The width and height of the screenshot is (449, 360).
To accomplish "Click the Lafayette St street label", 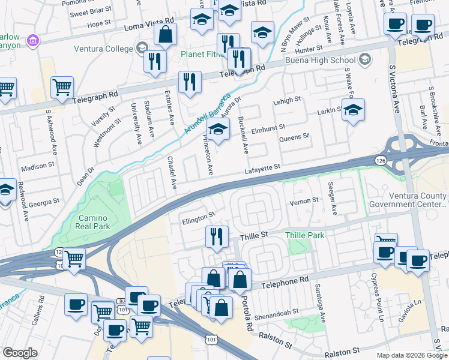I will click(x=262, y=172).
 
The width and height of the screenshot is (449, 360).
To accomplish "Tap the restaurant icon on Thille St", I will click(x=217, y=236).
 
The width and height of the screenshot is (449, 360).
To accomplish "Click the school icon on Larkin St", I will click(x=354, y=110).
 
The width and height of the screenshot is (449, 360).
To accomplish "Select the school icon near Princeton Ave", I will click(x=218, y=130).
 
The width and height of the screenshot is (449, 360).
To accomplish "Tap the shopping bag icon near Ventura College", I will click(x=165, y=35).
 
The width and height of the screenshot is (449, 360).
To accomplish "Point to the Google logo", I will click(x=20, y=353).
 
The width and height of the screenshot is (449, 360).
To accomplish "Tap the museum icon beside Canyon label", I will click(x=34, y=41).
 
